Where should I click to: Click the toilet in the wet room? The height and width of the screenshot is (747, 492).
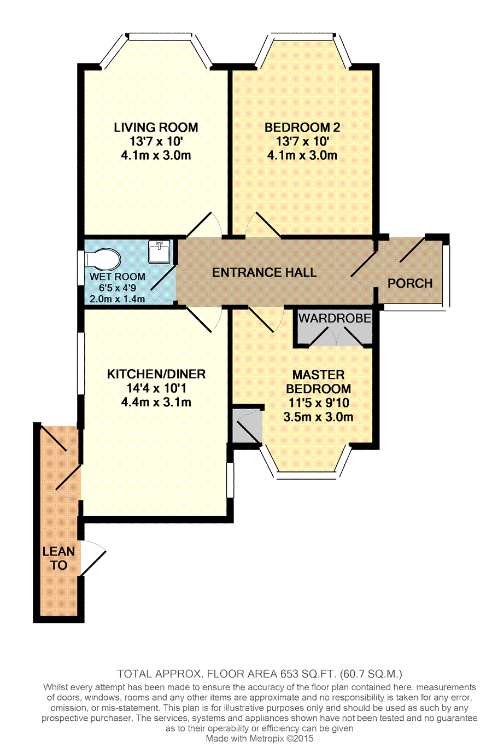pos(102,259)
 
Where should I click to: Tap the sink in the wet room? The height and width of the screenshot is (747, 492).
pos(159,251)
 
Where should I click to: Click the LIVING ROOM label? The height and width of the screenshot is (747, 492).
pos(156,127)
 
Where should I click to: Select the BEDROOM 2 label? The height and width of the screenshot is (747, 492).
pos(302,127)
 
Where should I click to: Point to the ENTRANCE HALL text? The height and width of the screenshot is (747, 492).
pos(265,272)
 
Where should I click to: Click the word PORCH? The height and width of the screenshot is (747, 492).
pos(410,283)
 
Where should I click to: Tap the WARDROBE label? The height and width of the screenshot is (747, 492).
pos(335,318)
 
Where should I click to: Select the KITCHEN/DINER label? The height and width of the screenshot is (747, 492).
pos(156,374)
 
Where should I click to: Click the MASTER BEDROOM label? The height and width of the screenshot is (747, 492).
pos(318,382)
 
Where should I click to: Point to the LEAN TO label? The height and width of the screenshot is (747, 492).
pos(58,558)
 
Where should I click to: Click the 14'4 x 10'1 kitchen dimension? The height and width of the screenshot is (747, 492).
pos(156,388)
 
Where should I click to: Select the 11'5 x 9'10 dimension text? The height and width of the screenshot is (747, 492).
pos(319,403)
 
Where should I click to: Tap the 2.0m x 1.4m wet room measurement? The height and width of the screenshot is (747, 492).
pos(117,299)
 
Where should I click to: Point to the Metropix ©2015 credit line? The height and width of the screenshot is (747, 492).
pos(260,738)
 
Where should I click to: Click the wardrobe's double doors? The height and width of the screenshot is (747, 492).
pos(336,336)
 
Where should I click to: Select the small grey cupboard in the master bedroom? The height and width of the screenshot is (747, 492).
pos(247,426)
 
